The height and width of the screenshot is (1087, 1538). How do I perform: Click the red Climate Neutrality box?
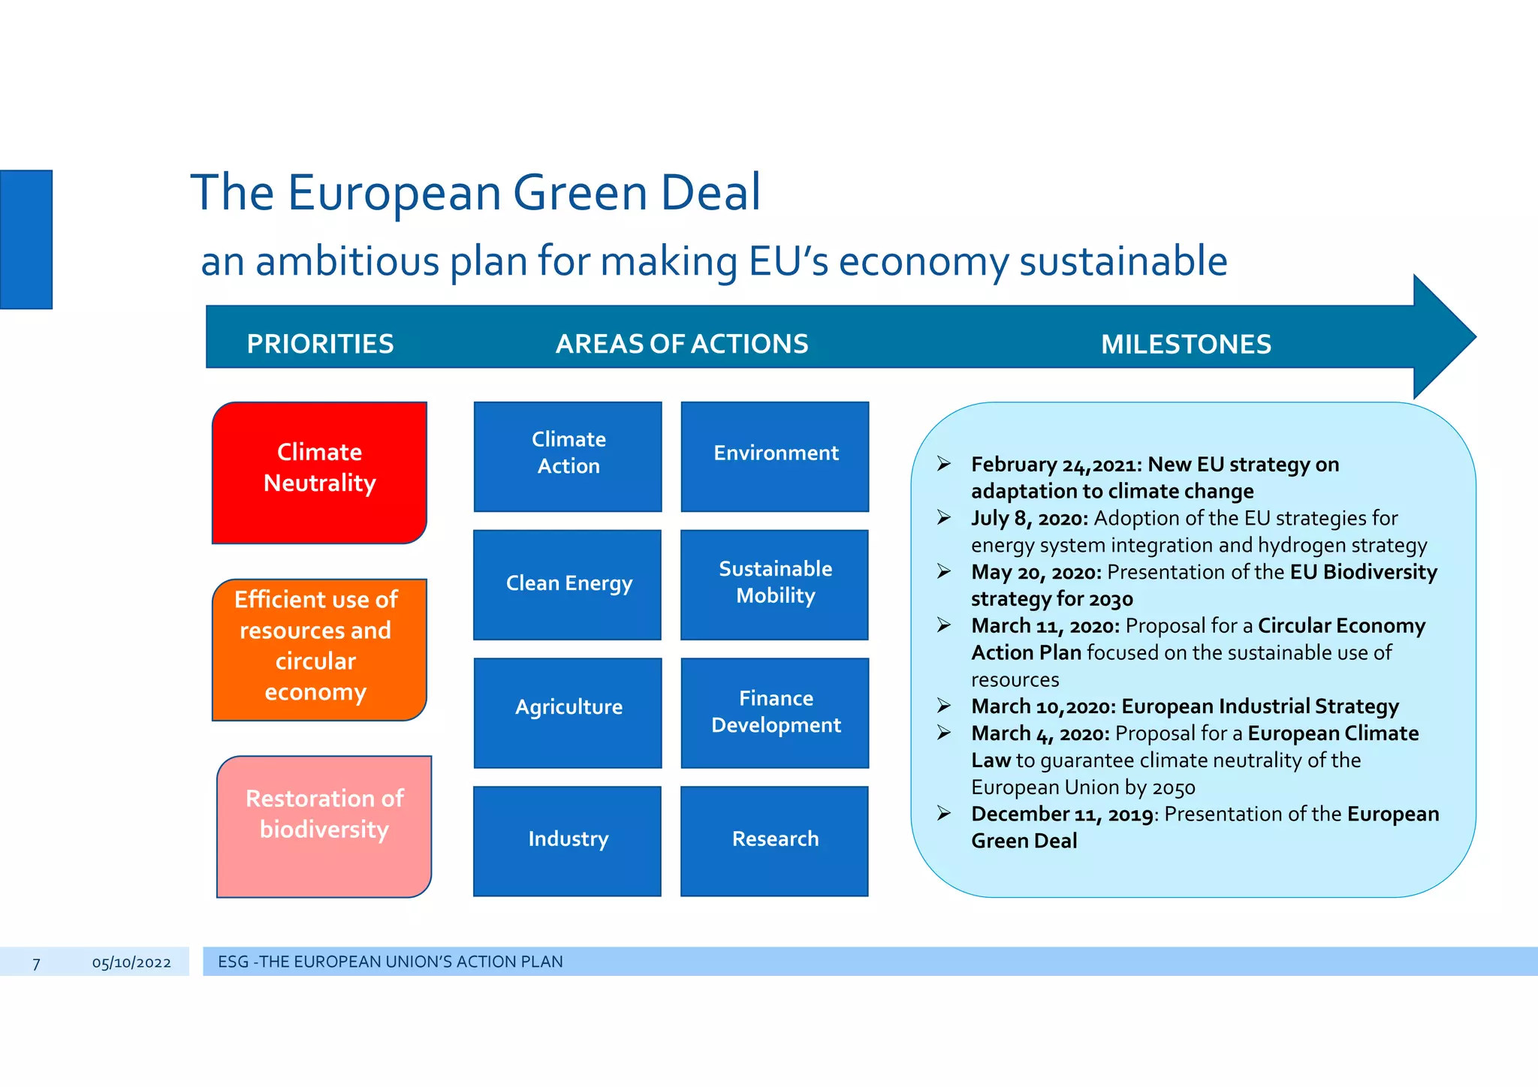coord(319,472)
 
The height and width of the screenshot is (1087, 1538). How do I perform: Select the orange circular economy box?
coord(319,649)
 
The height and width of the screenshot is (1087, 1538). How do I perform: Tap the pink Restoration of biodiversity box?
coord(324,826)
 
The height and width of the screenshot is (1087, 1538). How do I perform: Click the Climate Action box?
coord(568,456)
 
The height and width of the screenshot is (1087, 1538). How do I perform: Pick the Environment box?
coord(775,456)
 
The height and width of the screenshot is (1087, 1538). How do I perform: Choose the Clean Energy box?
coord(568,585)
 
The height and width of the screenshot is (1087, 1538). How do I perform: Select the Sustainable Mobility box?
coord(775,585)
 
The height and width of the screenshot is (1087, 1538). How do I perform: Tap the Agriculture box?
coord(568,712)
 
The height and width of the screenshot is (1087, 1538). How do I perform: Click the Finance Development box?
coord(775,712)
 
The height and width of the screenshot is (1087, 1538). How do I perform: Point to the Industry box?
coord(568,841)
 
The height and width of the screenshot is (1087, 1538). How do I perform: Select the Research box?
coord(775,841)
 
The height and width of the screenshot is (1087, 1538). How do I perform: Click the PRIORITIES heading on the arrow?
coord(320,344)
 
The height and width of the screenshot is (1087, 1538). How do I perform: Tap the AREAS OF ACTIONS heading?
coord(682,344)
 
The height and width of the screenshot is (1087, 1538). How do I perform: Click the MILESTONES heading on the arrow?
coord(1186,345)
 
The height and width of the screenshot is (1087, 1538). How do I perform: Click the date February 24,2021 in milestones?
coord(1054,465)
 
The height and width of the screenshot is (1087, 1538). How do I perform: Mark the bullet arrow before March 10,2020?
coord(944,706)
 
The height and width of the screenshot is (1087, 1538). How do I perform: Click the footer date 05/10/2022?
coord(131,962)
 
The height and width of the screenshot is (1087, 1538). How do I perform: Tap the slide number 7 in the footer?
coord(36,963)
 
